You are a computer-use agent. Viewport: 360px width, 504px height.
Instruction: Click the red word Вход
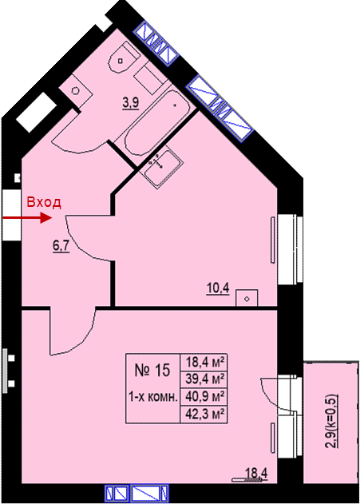click(44, 203)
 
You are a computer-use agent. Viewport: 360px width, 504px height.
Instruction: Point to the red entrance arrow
click(27, 218)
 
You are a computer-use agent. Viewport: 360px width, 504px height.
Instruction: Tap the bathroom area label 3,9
click(130, 103)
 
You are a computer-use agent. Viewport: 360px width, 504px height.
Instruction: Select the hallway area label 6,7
click(61, 247)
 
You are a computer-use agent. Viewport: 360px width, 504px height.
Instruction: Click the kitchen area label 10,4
click(218, 288)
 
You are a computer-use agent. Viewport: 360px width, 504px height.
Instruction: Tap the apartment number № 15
click(152, 371)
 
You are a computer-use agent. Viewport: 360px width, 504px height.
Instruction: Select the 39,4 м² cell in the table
click(204, 379)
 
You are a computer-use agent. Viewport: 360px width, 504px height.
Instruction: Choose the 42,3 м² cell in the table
click(204, 415)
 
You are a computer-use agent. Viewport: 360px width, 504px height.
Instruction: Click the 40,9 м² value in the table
click(204, 397)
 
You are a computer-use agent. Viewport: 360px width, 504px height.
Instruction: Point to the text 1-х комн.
click(153, 397)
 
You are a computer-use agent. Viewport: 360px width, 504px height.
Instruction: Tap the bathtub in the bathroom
click(153, 122)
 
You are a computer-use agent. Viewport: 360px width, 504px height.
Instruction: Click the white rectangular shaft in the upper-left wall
click(36, 112)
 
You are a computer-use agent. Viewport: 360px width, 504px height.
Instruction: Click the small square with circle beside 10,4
click(247, 298)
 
